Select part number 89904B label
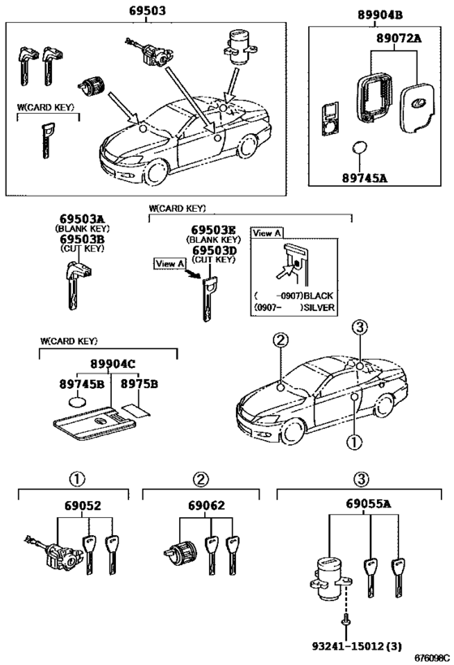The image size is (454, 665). coord(379,15)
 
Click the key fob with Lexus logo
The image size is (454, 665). coord(418,103)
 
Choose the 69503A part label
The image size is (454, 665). coord(81,219)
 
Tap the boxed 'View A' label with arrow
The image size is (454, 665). coord(171,263)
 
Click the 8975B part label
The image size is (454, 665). coord(139,383)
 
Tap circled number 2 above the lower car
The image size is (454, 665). coord(280,340)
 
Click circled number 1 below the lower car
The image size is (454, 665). coord(354,443)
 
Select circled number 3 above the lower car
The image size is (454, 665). coord(359,326)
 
